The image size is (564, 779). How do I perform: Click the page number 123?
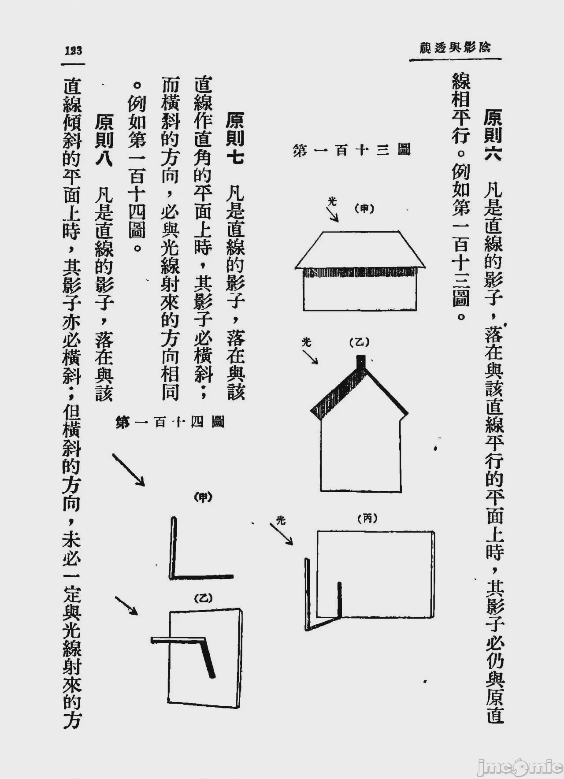(73, 50)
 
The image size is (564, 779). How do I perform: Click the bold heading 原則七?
(235, 137)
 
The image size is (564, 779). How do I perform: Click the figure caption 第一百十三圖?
(352, 150)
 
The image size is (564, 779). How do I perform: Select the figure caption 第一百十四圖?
(170, 422)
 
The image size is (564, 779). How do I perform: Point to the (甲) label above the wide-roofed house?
(364, 209)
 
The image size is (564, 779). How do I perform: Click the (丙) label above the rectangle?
(367, 519)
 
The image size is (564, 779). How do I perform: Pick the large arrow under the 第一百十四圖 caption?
(129, 470)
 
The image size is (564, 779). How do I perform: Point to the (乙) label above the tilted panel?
(204, 598)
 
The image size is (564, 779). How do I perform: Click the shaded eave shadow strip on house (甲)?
(359, 273)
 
